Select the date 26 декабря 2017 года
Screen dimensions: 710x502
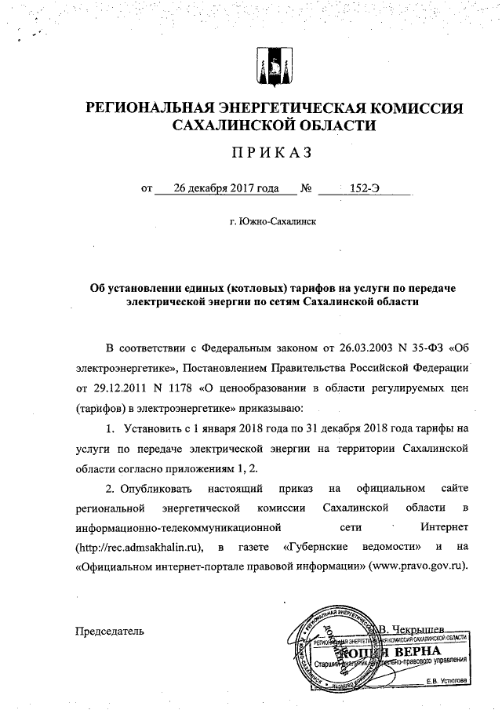pyautogui.click(x=217, y=188)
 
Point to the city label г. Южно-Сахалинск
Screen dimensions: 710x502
pyautogui.click(x=273, y=222)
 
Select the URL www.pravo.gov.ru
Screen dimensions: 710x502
pyautogui.click(x=416, y=565)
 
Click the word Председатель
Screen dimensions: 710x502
pyautogui.click(x=109, y=630)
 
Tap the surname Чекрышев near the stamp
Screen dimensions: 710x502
pyautogui.click(x=417, y=628)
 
